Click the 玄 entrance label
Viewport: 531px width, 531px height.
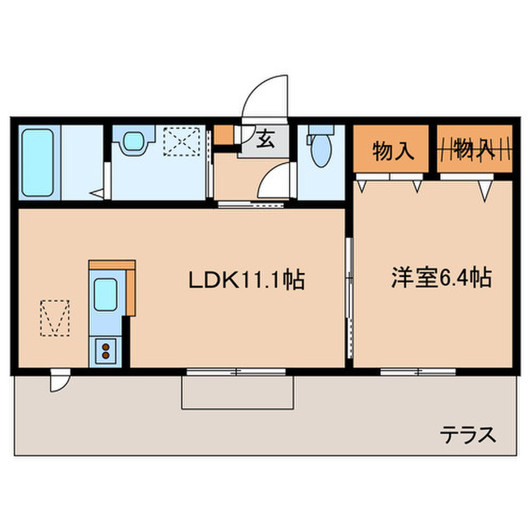264,140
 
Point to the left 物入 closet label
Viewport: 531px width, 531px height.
393,150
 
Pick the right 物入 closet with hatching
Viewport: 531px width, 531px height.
474,149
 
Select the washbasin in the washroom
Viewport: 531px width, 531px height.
134,141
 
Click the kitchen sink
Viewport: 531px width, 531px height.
105,293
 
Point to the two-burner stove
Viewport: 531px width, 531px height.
105,350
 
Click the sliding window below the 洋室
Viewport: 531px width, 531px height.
418,372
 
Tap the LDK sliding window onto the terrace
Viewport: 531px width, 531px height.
236,372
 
